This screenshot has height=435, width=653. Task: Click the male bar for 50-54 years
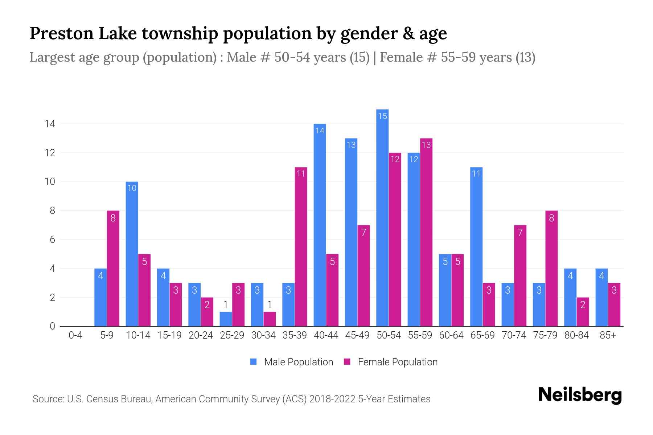tap(382, 217)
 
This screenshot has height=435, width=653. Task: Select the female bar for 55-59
tap(426, 232)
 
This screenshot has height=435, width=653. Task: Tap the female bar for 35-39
tap(301, 246)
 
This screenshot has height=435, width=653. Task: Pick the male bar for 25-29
tap(226, 319)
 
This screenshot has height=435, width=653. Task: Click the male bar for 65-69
tap(476, 246)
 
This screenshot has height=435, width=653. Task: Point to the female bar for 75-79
tap(551, 268)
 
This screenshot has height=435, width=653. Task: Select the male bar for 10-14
tap(132, 254)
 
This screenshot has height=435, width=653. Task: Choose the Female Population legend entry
tap(391, 362)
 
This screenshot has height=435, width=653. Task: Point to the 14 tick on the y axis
tap(50, 124)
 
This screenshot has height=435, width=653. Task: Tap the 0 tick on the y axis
tap(53, 326)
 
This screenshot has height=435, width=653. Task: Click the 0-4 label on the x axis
tap(75, 335)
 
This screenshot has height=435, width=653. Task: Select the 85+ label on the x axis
tap(608, 335)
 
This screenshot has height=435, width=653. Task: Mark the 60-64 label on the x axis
tap(451, 335)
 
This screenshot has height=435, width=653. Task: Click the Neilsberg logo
tap(580, 395)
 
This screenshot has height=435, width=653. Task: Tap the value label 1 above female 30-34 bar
tap(270, 304)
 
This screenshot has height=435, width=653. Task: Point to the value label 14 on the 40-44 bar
tap(320, 130)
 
